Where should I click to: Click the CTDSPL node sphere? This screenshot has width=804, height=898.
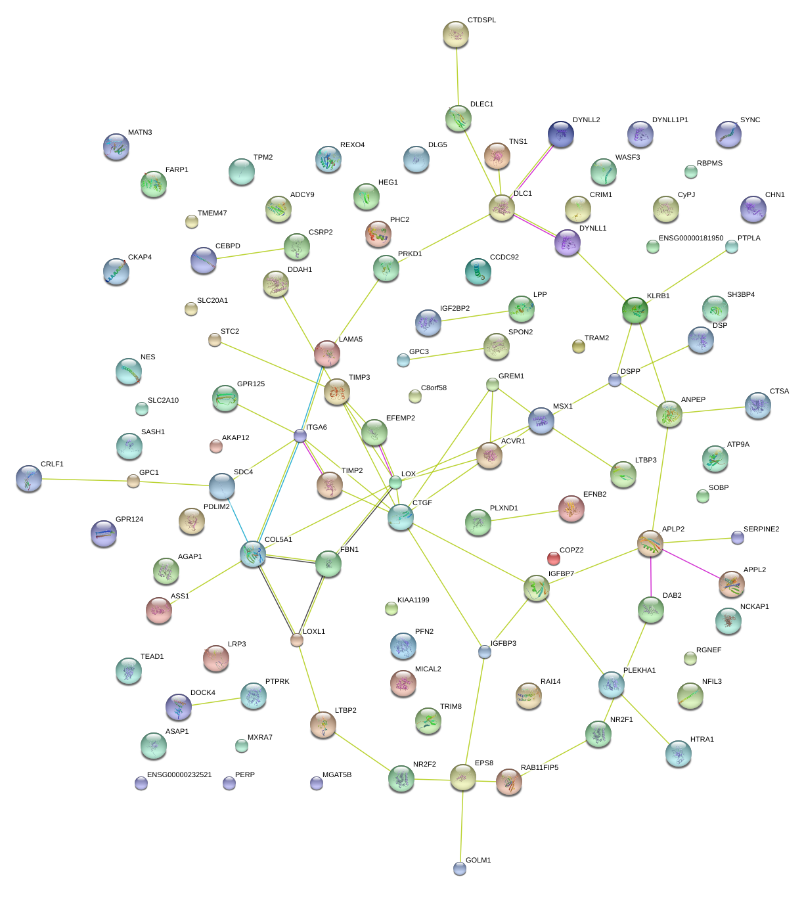point(456,34)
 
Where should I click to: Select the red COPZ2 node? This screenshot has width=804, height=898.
point(554,558)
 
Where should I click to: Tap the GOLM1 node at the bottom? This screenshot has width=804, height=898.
point(460,868)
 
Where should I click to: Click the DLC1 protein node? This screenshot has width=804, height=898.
point(502,208)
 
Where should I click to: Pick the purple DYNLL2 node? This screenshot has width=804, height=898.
point(561,134)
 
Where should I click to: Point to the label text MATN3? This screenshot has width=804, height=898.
point(140,133)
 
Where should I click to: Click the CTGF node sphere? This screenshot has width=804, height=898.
point(401,517)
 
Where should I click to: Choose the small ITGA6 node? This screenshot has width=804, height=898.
point(300,436)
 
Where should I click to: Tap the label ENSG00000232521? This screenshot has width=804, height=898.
point(179,775)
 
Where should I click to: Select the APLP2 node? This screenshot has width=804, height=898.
point(650,543)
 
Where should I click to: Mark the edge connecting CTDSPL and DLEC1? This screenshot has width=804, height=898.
point(457,77)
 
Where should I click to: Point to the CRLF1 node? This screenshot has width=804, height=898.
point(29,478)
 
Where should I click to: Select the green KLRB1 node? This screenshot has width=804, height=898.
point(635,310)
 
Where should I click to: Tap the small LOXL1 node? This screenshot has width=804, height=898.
point(297,640)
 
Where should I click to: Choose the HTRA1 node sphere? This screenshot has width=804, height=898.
point(678,753)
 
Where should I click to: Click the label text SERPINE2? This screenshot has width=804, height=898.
point(761,529)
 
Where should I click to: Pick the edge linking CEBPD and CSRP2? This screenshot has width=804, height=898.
point(250,254)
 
